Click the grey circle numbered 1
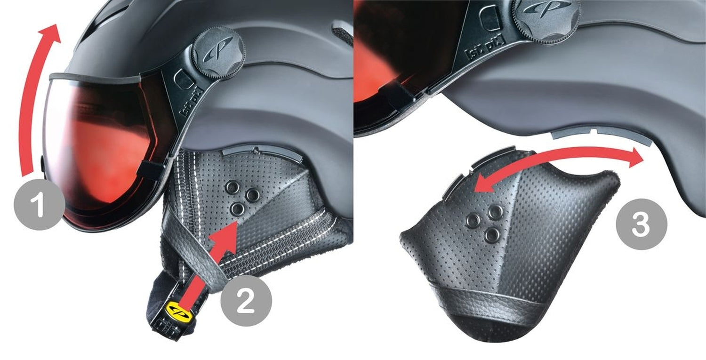tap(39, 206)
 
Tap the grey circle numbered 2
tap(246, 301)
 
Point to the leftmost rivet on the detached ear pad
tap(471, 219)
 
